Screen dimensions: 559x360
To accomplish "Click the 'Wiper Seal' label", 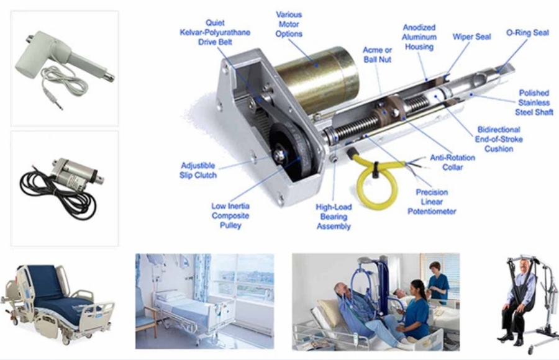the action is point(471,37).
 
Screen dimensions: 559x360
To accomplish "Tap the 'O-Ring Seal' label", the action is point(527,33).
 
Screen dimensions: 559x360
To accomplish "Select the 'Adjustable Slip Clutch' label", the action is point(198,170).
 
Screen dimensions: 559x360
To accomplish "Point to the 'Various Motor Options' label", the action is point(289,24).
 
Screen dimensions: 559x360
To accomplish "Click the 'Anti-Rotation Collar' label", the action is point(452,162).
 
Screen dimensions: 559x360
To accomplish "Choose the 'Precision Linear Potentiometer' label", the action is point(432,202).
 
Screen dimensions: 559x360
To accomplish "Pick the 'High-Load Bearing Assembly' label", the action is point(334,217).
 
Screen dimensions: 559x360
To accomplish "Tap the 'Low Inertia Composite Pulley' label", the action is point(230,215).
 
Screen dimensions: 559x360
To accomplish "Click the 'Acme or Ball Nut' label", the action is point(377,55).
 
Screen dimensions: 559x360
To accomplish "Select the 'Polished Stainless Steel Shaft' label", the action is point(534,102).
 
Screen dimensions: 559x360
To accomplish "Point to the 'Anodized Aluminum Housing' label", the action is point(419,37).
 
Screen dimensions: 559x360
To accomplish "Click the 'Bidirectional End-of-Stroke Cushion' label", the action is point(499,140).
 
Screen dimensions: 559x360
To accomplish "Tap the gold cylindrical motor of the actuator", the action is point(317,78).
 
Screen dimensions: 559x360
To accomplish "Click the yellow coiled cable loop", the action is point(361,192).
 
